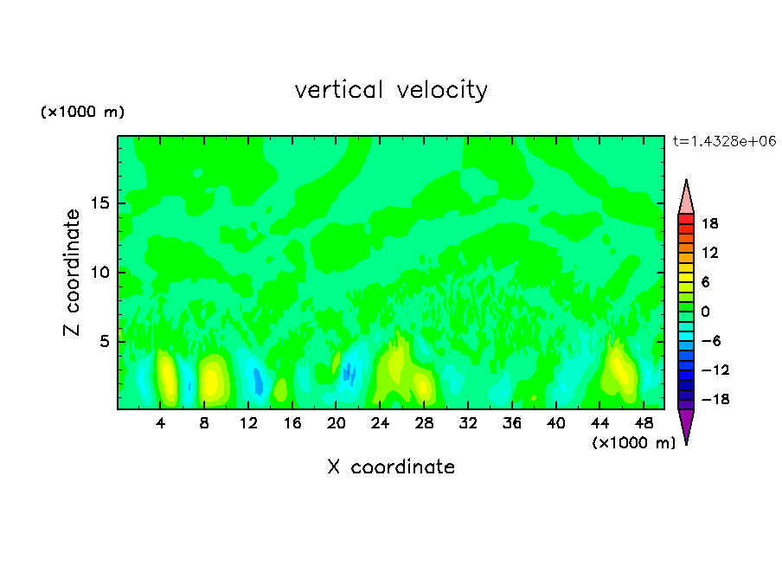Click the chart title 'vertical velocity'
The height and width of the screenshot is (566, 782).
[x=391, y=90]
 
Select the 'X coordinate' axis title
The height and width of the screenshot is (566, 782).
[x=391, y=467]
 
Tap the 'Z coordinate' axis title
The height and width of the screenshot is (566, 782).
[x=73, y=273]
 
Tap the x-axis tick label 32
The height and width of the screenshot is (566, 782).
[x=468, y=423]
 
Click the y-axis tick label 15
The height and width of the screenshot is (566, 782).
[x=98, y=203]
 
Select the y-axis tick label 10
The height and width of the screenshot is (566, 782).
[x=98, y=273]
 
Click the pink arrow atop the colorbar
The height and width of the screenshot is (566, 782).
[x=686, y=197]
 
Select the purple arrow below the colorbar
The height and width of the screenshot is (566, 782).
[x=686, y=425]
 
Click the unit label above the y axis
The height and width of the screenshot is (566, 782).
[x=83, y=113]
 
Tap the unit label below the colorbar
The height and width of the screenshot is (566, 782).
[x=633, y=443]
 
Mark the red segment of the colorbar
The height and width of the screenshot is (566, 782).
[x=686, y=220]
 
